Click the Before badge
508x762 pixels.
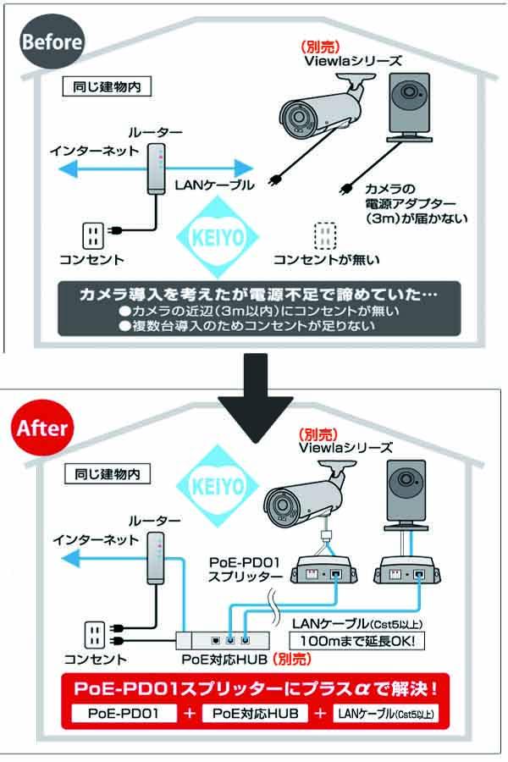click(x=52, y=41)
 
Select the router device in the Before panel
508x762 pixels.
click(x=155, y=170)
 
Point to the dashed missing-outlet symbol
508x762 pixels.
click(x=325, y=235)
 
